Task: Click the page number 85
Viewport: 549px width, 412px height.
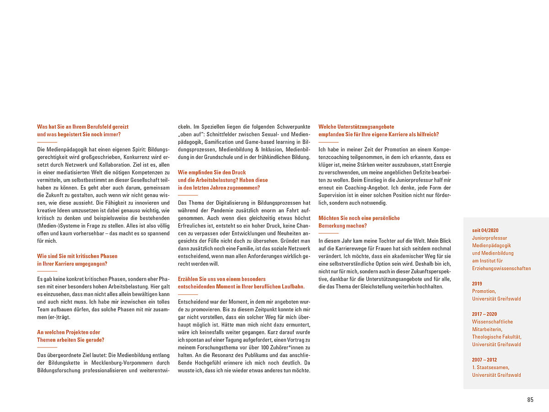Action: coord(530,400)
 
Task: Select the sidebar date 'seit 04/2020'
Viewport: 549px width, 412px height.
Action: coord(485,230)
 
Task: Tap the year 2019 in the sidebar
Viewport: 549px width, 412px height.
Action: coord(477,283)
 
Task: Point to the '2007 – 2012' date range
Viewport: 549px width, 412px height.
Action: coord(484,360)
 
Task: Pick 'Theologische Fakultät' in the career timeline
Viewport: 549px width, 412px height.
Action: coord(496,337)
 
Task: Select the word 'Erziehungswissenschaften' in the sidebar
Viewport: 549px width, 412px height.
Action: coord(501,268)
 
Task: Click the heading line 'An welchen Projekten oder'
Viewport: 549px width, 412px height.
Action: coord(69,332)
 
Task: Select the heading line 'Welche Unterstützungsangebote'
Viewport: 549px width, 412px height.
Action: coord(356,127)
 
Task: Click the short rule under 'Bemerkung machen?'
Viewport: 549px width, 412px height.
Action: coord(328,233)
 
